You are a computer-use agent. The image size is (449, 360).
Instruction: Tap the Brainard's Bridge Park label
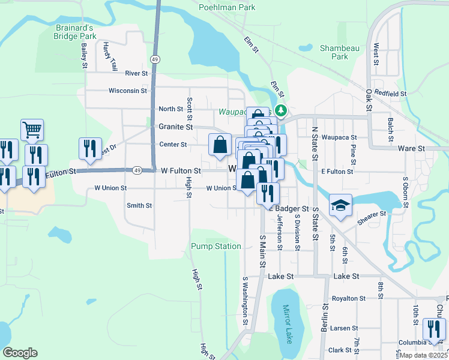[x=76, y=32]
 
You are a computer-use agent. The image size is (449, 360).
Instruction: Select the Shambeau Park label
[x=334, y=52]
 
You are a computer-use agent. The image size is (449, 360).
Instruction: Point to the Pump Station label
[x=216, y=247]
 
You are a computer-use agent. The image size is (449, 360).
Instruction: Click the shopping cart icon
[x=32, y=129]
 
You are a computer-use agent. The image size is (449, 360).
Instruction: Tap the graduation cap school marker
[x=340, y=205]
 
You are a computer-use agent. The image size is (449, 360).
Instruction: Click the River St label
[x=136, y=73]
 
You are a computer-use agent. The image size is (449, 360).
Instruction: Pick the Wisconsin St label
[x=127, y=91]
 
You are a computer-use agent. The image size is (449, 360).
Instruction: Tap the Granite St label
[x=175, y=127]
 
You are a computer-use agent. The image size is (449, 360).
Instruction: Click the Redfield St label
[x=390, y=94]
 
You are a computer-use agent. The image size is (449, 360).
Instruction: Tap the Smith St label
[x=139, y=205]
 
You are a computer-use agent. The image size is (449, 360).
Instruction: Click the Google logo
[x=19, y=353]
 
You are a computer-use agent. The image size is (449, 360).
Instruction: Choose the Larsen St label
[x=344, y=328]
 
